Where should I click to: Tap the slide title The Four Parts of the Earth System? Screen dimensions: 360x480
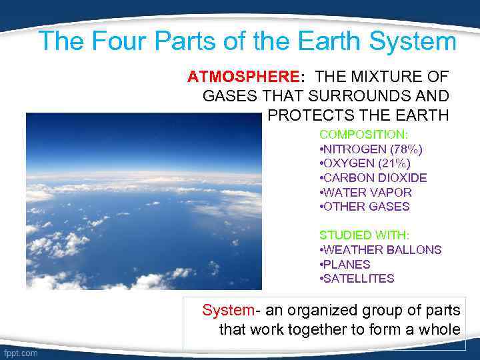(247, 41)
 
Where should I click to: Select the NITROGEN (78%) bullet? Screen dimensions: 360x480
(371, 149)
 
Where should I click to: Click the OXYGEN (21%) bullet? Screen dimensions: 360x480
(365, 163)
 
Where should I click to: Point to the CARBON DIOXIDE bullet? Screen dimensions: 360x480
(373, 178)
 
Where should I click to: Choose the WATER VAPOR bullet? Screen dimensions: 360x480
(366, 193)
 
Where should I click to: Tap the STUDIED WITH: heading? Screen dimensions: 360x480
(364, 235)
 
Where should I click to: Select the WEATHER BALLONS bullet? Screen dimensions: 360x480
(381, 250)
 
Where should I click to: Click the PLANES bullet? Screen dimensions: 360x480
(345, 265)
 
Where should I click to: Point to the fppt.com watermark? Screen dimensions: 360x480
(21, 353)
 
